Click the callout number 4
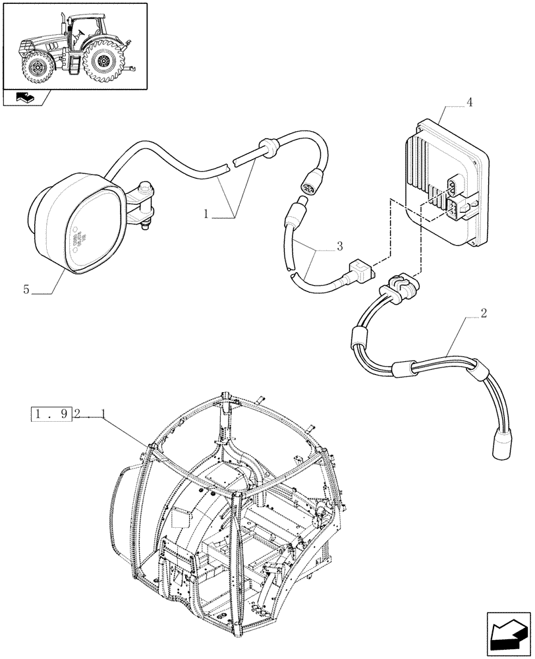pyautogui.click(x=468, y=103)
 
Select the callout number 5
pyautogui.click(x=26, y=289)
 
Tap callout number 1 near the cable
pyautogui.click(x=206, y=214)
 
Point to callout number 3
pyautogui.click(x=339, y=246)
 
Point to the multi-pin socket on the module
pyautogui.click(x=455, y=186)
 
